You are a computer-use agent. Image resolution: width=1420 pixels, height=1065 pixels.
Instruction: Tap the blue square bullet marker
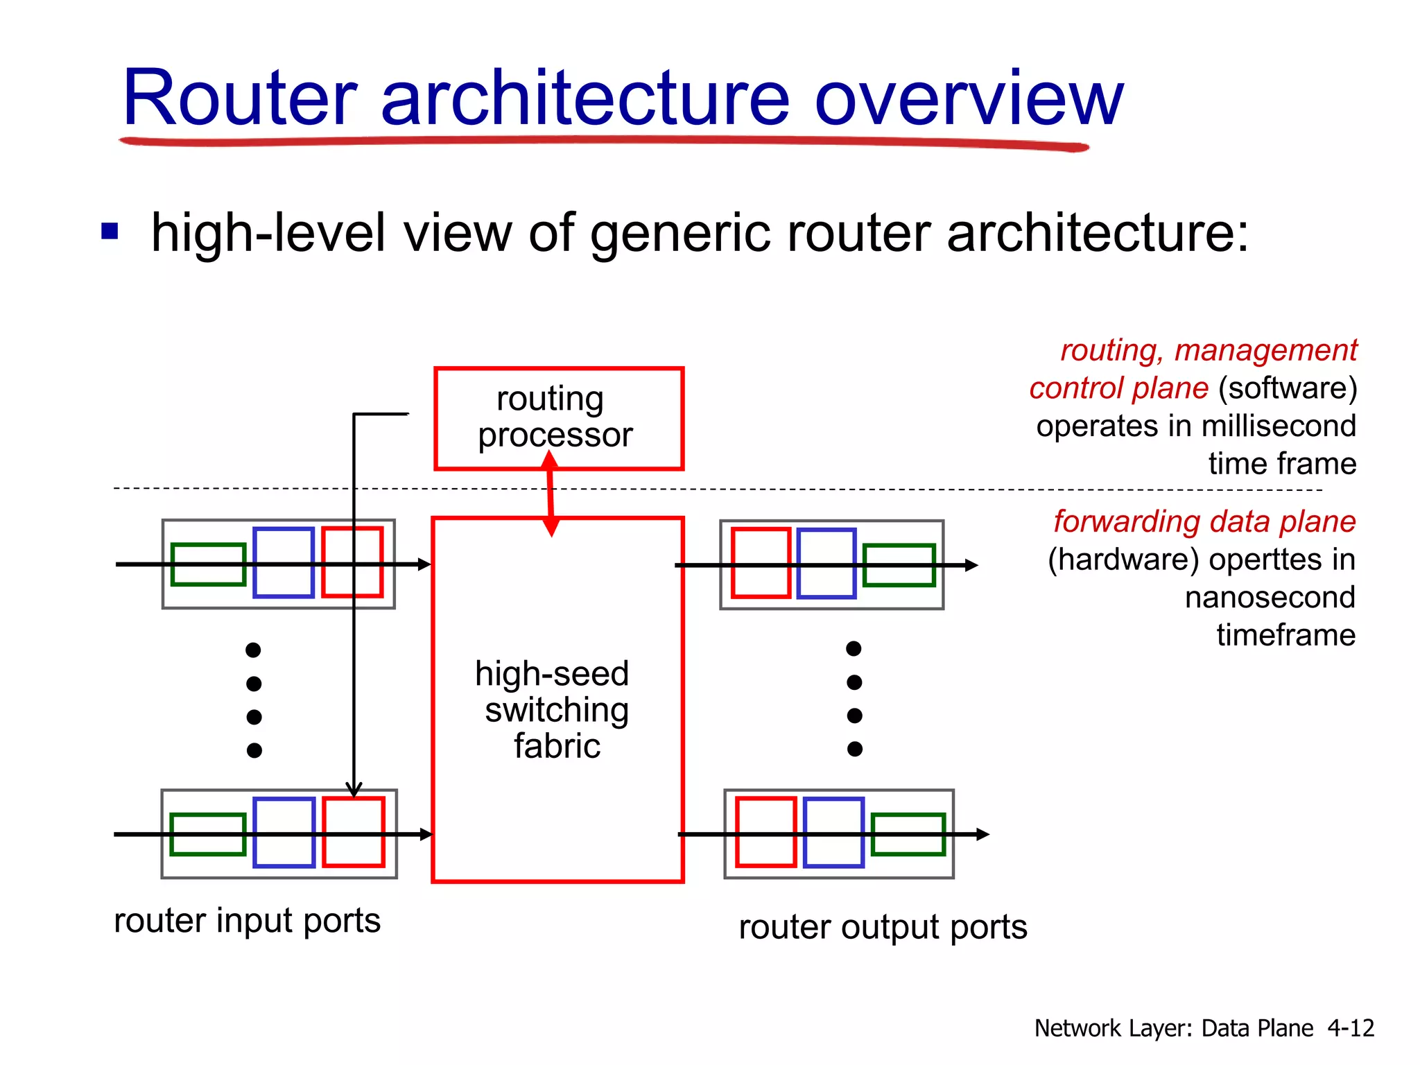[x=110, y=230]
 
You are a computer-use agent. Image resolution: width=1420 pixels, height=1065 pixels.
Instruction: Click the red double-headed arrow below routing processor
[x=551, y=494]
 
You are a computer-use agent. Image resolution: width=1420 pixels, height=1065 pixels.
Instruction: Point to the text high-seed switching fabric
[x=555, y=709]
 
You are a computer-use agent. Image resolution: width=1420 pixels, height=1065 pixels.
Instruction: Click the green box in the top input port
[x=208, y=564]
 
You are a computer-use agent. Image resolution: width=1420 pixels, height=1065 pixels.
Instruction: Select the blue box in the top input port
[x=284, y=562]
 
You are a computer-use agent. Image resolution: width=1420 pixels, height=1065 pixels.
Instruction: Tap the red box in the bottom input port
[x=353, y=831]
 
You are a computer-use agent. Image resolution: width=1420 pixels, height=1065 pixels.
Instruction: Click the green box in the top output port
[x=899, y=565]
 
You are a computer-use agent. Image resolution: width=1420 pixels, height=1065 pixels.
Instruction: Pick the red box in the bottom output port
[x=765, y=831]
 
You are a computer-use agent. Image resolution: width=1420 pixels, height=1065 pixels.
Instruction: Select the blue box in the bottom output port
[x=833, y=831]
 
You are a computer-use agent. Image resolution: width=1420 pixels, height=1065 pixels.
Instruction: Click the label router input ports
[x=247, y=921]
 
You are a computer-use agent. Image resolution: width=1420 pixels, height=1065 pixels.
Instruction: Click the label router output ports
[x=882, y=927]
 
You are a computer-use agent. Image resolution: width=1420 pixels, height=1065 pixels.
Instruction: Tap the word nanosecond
[x=1270, y=597]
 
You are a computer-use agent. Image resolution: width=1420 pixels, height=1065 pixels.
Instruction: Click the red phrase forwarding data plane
[x=1204, y=521]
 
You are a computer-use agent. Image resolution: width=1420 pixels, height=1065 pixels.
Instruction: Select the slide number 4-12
[x=1350, y=1028]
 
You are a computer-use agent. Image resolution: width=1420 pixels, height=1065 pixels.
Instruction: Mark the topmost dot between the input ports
[x=253, y=650]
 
